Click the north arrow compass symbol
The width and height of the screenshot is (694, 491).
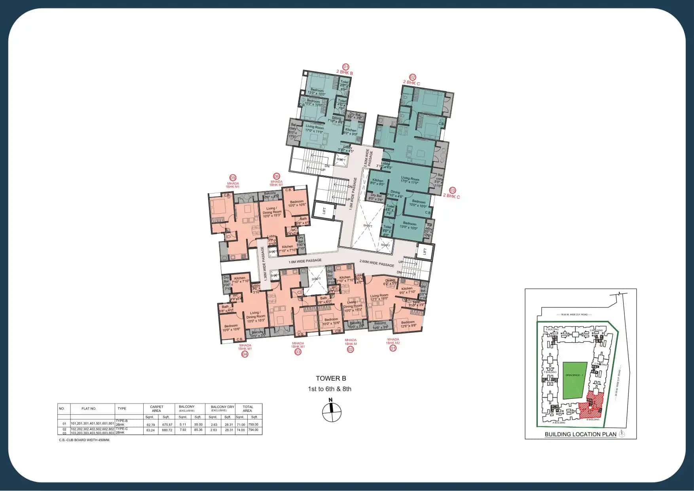coord(331,412)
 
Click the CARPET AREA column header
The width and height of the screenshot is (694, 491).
coord(156,408)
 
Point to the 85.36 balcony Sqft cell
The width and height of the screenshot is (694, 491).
coord(198,430)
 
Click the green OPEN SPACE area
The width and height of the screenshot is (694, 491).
coord(575,380)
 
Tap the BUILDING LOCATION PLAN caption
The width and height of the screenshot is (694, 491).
coord(580,434)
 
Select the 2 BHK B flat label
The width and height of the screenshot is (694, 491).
coord(344,73)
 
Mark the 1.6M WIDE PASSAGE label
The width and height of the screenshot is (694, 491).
coord(305,261)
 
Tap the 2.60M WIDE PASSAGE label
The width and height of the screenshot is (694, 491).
coord(376,263)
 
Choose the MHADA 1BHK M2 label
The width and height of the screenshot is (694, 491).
coord(393,341)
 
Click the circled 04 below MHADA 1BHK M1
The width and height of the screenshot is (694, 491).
coord(245,354)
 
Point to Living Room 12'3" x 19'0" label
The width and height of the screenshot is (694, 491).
coord(379,297)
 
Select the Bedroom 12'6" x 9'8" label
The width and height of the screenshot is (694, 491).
coord(408,324)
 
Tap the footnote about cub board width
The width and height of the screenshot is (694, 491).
coord(84,440)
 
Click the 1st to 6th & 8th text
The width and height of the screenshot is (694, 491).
coord(330,389)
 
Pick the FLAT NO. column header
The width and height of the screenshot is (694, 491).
coord(89,408)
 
